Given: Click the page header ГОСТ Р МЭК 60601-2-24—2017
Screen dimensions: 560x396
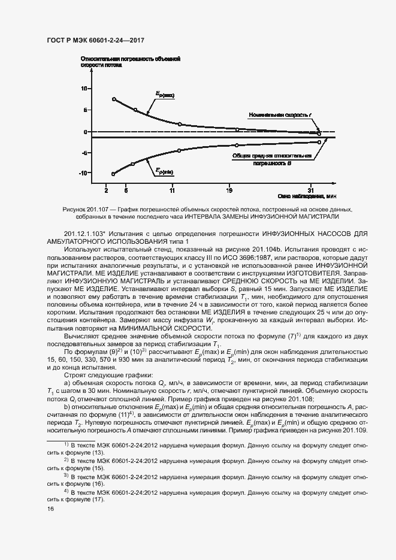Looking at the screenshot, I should coord(96,41).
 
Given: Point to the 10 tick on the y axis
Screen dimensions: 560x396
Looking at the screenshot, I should coord(84,88).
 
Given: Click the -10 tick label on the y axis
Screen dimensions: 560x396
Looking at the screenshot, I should coord(83,173).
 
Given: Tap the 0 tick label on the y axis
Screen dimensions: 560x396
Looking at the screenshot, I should coord(86,132).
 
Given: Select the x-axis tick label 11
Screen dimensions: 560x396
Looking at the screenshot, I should coord(173,190).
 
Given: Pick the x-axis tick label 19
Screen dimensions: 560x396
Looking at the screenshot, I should coord(229,190).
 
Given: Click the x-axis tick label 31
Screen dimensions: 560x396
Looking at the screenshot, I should coord(310,190).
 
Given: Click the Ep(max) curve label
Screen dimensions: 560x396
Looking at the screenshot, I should coord(165,95).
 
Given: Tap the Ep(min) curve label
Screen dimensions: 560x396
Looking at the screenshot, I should coord(165,172).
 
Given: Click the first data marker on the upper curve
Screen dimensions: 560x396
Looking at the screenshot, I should coord(114,99).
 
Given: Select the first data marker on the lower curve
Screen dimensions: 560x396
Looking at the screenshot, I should coord(113,174).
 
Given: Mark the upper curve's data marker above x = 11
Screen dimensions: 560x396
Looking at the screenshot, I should coord(180,124).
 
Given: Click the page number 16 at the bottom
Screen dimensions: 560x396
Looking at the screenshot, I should coord(50,509).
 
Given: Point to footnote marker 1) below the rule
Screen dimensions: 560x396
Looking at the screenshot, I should coord(66,444).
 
